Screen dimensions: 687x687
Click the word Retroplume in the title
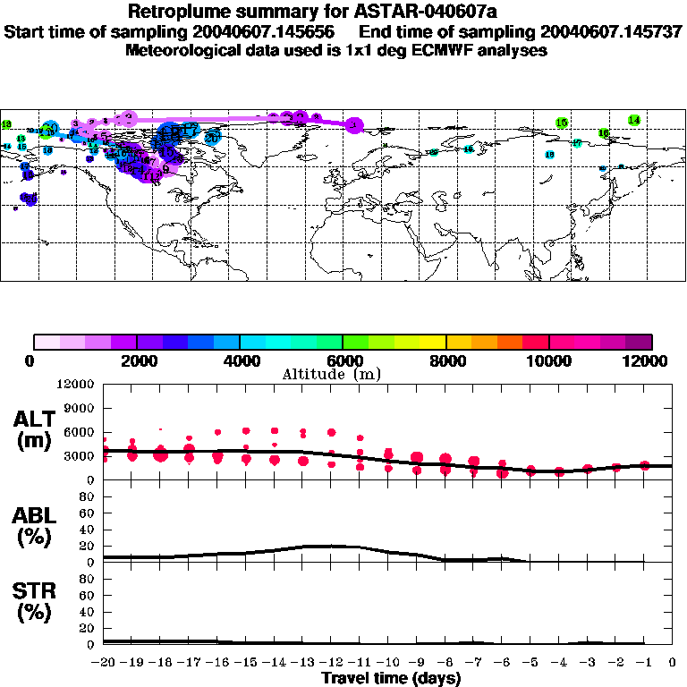click(x=177, y=13)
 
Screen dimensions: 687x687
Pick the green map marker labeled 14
click(x=633, y=120)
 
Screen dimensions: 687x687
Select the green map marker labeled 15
click(x=562, y=123)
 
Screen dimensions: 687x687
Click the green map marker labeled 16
click(x=604, y=133)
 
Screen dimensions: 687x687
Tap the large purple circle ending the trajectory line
click(x=354, y=126)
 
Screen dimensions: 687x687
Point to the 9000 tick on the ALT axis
click(x=80, y=408)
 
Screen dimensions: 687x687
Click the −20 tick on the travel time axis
click(x=104, y=663)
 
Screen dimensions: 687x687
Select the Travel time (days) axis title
click(x=391, y=678)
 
